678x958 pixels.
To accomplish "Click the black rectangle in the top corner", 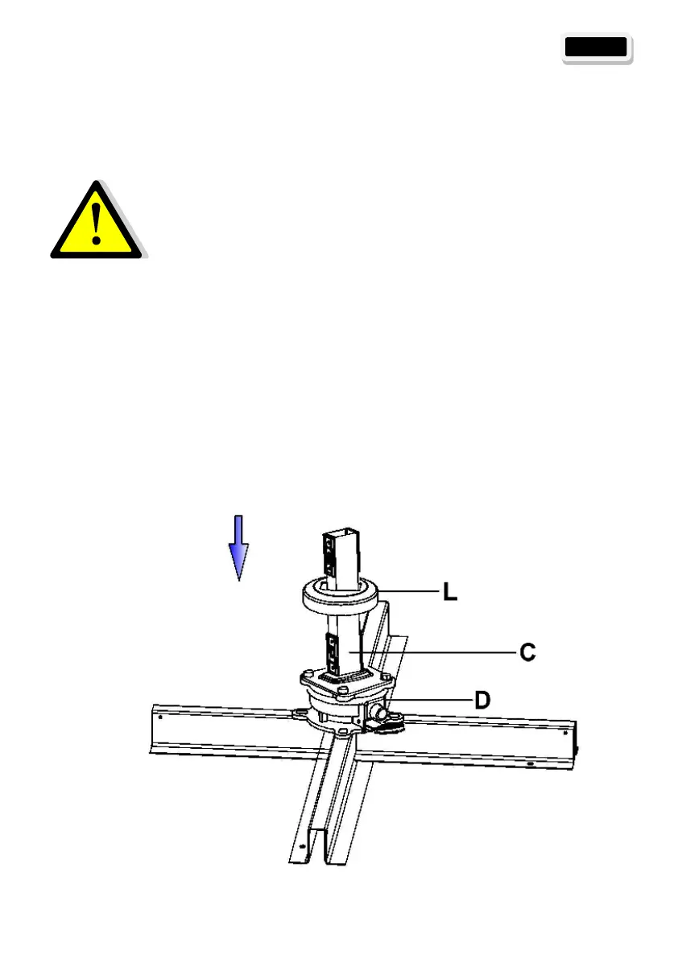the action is tap(596, 47).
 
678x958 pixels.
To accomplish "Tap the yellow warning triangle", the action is tap(97, 223).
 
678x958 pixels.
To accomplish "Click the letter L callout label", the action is tap(451, 594).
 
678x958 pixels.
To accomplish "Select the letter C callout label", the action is tap(527, 652).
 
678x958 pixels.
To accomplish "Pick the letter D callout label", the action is tap(481, 700).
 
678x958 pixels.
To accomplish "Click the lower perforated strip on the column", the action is tap(330, 653).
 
